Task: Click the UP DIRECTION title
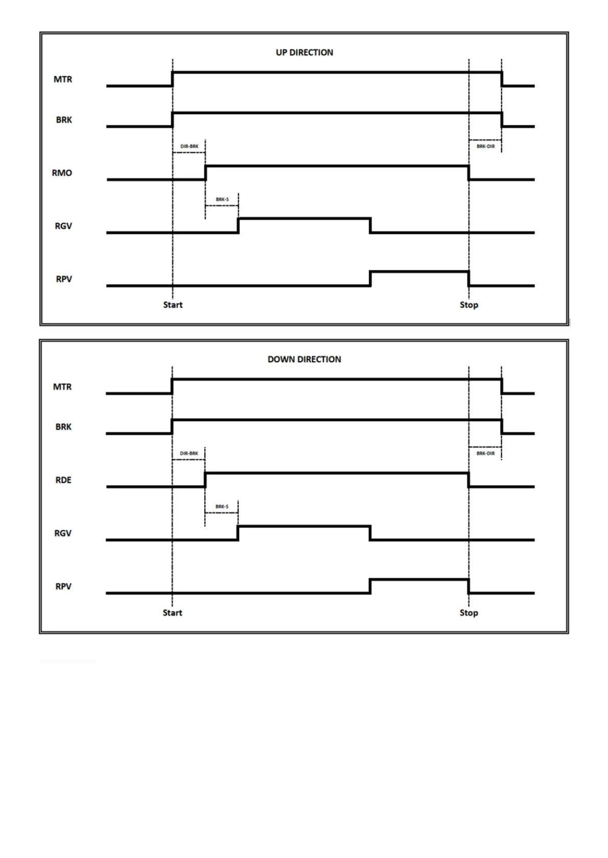(x=304, y=52)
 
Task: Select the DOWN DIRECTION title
(x=304, y=359)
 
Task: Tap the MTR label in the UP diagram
(x=63, y=79)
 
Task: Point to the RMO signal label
(x=62, y=173)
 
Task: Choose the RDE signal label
(x=63, y=480)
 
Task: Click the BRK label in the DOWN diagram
(x=63, y=427)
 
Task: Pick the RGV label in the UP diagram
(x=63, y=226)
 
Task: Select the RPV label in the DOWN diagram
(x=63, y=586)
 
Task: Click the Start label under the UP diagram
(x=172, y=305)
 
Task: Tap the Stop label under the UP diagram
(x=469, y=305)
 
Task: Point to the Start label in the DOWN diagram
(x=172, y=612)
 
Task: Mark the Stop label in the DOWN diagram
(x=469, y=612)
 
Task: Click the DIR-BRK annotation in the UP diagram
(x=189, y=146)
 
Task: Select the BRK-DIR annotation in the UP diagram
(x=486, y=146)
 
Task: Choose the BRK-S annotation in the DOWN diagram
(x=222, y=506)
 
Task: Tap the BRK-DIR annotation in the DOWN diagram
(x=486, y=453)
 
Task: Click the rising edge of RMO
(x=206, y=173)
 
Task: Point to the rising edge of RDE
(x=206, y=480)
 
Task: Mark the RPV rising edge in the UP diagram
(x=370, y=279)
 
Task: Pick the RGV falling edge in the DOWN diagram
(x=370, y=533)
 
